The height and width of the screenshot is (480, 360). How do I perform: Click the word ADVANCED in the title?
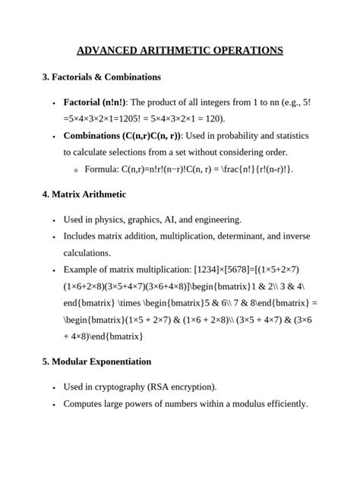click(109, 51)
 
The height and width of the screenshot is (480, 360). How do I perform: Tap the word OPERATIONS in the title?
click(245, 51)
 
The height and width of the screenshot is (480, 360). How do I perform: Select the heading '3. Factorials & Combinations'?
click(101, 77)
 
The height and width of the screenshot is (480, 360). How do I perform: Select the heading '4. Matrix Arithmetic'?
click(84, 194)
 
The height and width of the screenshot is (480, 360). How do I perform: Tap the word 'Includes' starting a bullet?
click(81, 236)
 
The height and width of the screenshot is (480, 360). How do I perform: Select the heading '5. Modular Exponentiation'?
click(96, 361)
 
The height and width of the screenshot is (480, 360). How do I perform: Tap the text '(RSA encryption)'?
click(187, 386)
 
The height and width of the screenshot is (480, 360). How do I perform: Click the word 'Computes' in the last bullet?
click(85, 403)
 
